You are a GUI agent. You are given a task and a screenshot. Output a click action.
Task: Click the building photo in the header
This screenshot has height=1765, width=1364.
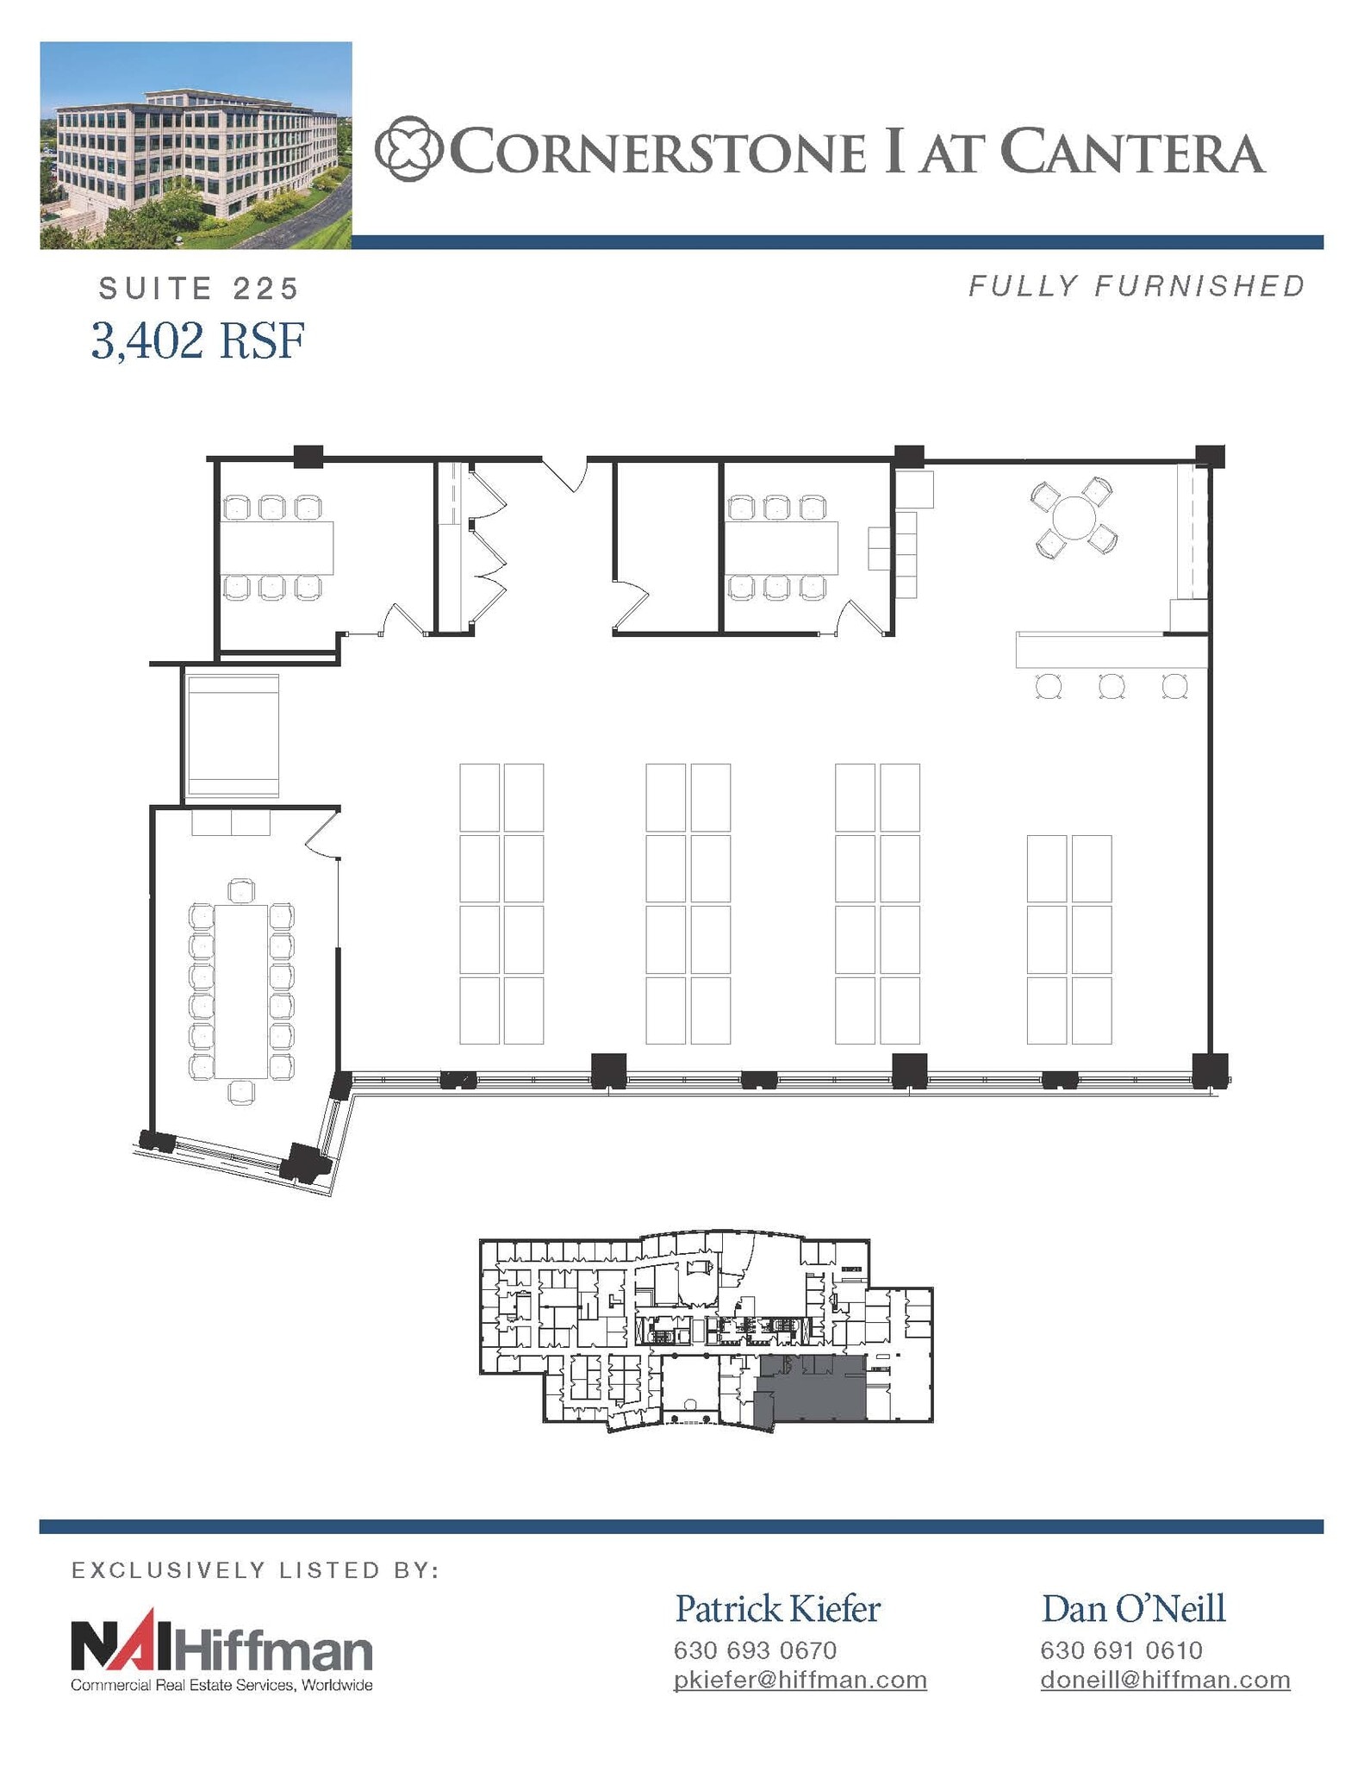tap(196, 145)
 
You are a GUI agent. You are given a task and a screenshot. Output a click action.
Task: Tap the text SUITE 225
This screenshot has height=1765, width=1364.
tap(198, 289)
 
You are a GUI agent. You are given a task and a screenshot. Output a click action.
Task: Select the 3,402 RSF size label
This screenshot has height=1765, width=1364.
tap(198, 340)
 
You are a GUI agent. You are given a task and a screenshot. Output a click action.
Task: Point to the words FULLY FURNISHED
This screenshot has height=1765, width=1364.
tap(1137, 286)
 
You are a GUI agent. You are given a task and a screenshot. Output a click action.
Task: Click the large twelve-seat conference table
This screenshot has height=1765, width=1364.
tap(241, 990)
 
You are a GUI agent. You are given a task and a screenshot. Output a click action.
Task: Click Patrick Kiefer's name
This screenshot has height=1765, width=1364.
tap(777, 1608)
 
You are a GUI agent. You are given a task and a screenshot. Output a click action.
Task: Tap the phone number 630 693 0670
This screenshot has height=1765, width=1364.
tap(755, 1650)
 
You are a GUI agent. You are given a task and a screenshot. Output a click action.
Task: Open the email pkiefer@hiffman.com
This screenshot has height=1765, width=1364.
tap(800, 1680)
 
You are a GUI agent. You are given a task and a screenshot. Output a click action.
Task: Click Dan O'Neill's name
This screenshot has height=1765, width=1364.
tap(1133, 1608)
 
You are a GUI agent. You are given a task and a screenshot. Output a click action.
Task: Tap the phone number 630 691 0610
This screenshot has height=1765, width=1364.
tap(1121, 1650)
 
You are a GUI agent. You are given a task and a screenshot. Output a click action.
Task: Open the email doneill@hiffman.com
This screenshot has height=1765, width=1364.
tap(1165, 1680)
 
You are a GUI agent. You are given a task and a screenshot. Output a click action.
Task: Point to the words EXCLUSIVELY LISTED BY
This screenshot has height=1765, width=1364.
tap(256, 1570)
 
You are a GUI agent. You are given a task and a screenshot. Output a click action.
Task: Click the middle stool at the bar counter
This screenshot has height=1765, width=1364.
tap(1111, 686)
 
